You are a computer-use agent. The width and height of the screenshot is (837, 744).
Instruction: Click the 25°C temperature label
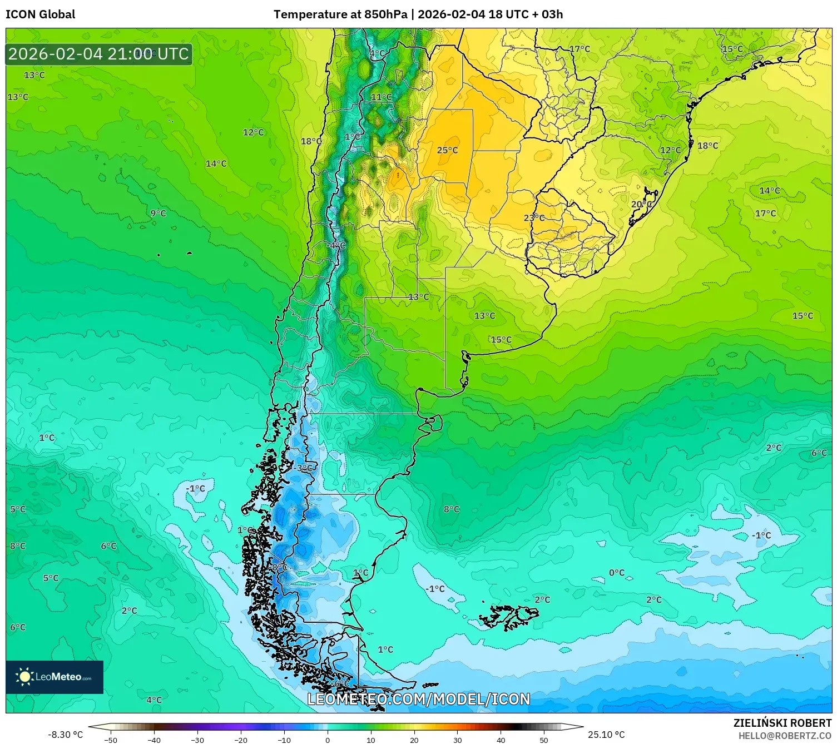click(447, 150)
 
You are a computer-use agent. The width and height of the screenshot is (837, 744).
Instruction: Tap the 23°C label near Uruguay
click(534, 218)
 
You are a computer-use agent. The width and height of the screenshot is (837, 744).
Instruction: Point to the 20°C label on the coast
click(641, 205)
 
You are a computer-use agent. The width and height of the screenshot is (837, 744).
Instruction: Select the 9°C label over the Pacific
click(158, 213)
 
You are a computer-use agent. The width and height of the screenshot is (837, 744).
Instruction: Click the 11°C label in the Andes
click(381, 97)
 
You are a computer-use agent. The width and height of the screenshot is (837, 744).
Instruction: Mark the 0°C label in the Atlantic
click(616, 573)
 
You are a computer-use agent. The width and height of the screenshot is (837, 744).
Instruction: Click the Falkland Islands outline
click(509, 617)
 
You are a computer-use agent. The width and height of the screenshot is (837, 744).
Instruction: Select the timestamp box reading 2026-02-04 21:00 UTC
click(99, 54)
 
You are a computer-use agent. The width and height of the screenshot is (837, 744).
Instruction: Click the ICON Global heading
click(40, 14)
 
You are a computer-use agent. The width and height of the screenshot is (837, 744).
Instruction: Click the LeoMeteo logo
click(55, 677)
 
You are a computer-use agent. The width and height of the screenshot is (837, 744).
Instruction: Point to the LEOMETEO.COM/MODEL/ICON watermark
click(418, 699)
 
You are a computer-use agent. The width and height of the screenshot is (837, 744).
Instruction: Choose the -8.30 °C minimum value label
click(65, 735)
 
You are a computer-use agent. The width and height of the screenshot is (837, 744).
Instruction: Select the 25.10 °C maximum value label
click(606, 735)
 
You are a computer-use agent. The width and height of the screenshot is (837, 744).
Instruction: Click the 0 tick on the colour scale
click(327, 740)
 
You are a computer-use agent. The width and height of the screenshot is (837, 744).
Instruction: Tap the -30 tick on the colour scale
click(197, 740)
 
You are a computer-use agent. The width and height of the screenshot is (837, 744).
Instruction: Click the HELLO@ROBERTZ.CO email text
click(785, 736)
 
